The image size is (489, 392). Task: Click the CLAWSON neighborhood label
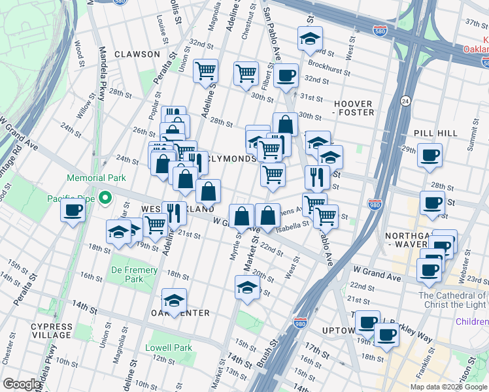point(137,54)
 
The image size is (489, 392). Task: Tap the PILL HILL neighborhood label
point(435,133)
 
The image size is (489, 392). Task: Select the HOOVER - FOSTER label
point(353,108)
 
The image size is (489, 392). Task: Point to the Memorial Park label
point(96,178)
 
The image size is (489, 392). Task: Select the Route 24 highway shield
point(405,101)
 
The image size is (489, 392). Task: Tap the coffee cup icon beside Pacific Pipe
point(73,210)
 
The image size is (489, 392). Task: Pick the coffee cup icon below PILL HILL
point(430,155)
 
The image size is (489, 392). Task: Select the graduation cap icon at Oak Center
point(174,301)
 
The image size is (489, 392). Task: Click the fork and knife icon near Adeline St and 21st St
point(174,212)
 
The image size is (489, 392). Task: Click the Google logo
point(22,384)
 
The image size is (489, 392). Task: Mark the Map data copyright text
point(448,387)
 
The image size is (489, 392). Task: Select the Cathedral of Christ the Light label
point(452,301)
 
